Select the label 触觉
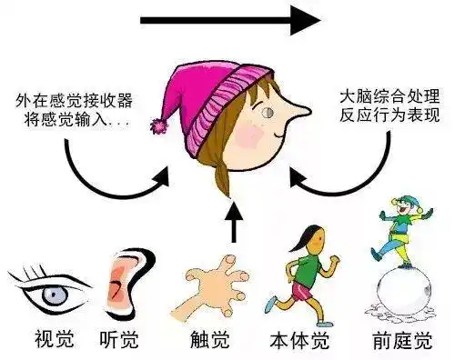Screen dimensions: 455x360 [x=207, y=343]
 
